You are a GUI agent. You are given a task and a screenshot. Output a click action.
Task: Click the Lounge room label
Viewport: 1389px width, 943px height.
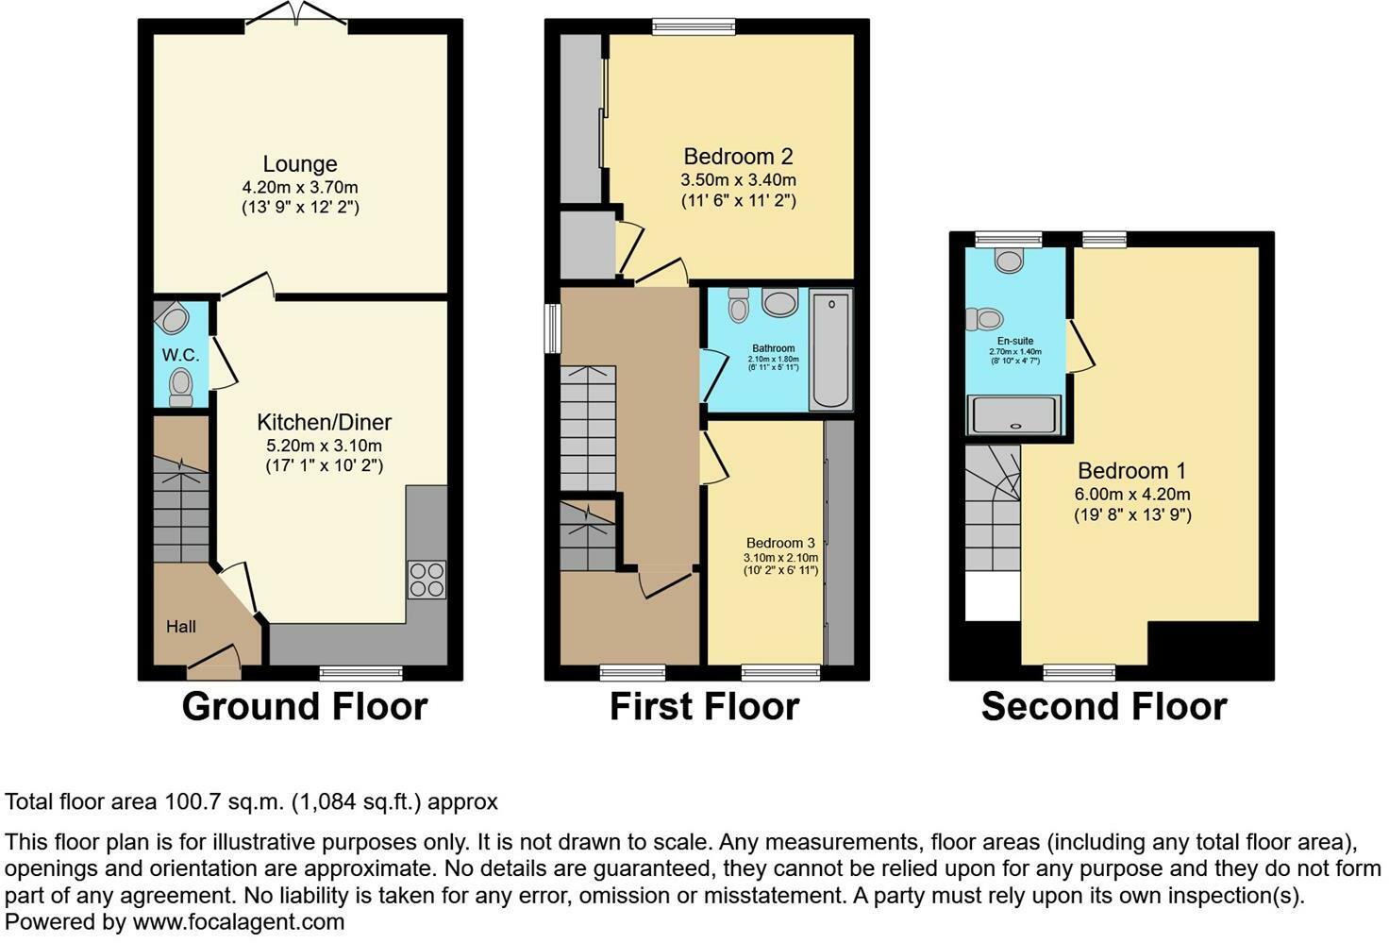300,164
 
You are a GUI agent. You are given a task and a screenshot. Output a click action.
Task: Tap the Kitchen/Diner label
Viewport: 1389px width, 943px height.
324,422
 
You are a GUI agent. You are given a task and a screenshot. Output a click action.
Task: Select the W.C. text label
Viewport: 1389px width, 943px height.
180,355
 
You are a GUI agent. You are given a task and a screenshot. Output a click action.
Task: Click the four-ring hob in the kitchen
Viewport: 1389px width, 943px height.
427,580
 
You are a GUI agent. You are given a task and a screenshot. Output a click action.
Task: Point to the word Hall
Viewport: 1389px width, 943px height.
181,626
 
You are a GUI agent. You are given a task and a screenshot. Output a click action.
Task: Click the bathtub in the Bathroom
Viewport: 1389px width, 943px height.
830,350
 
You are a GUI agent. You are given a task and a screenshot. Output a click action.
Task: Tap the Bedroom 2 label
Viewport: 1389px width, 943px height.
738,157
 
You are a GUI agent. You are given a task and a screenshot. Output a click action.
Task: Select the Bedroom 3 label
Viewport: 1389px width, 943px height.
780,543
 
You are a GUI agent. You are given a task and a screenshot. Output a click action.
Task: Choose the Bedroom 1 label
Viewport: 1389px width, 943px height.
1131,471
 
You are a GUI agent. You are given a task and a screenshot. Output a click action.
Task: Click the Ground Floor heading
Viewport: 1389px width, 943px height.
304,706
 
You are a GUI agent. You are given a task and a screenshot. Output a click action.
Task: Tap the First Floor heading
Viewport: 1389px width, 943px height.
704,706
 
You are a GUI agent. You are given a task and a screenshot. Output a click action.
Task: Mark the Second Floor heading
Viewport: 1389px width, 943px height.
1103,706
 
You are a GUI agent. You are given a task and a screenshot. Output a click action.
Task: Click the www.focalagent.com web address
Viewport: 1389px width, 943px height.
238,921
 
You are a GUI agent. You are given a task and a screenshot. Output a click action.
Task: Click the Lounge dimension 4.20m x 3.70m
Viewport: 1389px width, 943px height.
300,187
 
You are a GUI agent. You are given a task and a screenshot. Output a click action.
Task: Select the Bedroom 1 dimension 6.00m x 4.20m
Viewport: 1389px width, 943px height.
1131,494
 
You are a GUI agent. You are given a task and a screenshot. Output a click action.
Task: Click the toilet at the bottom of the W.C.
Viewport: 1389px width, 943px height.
180,387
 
